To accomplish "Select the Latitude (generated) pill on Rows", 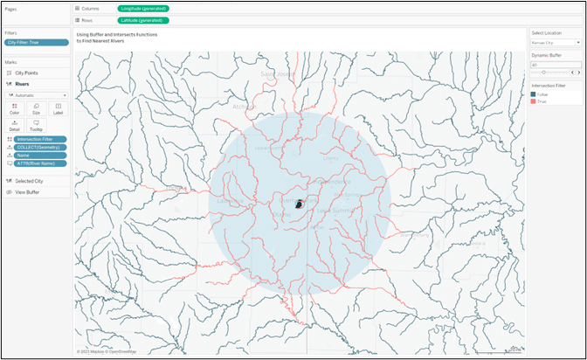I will click(142, 20).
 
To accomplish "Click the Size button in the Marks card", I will click(37, 108).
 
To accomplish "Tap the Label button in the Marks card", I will click(58, 108).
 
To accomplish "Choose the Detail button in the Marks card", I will click(15, 125).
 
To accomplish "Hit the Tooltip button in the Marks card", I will click(37, 125).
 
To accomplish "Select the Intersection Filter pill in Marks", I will click(41, 139).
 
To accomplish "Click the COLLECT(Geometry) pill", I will click(41, 147).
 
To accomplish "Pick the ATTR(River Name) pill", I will click(41, 163).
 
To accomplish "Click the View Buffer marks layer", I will click(27, 191).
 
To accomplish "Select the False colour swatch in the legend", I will click(534, 94).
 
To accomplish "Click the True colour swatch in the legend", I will click(534, 101).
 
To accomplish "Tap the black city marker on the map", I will click(300, 204).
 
